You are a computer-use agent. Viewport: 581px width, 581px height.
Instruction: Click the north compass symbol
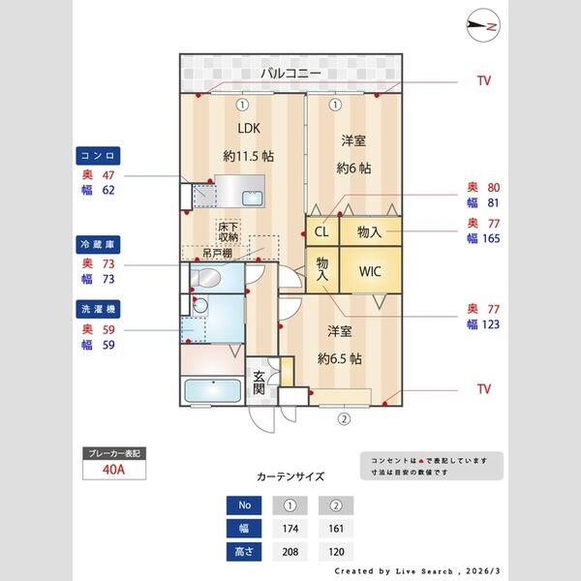[x=483, y=25]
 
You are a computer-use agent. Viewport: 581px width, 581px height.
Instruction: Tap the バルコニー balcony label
[x=290, y=74]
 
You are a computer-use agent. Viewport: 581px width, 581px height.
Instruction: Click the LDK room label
[x=249, y=128]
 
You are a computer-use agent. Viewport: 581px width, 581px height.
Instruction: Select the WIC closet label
[x=370, y=271]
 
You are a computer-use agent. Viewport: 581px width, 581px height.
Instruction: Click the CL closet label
[x=321, y=232]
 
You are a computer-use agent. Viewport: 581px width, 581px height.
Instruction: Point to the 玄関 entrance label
[x=259, y=382]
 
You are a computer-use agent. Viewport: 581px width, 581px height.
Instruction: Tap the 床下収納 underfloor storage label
[x=228, y=231]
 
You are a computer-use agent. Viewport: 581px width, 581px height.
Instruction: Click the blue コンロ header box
[x=98, y=156]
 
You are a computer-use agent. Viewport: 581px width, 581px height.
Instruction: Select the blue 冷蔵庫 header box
[x=98, y=245]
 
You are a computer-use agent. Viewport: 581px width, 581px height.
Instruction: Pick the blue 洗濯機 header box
[x=98, y=309]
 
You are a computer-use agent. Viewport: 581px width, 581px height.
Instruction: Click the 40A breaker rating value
[x=113, y=470]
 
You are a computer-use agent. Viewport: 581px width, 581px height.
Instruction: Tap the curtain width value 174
[x=290, y=529]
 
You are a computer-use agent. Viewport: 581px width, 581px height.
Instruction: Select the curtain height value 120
[x=336, y=552]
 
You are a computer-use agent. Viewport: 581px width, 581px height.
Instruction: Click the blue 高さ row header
[x=244, y=552]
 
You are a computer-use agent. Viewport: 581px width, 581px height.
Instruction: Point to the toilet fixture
[x=204, y=277]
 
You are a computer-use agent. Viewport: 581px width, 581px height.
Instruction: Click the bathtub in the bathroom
[x=213, y=391]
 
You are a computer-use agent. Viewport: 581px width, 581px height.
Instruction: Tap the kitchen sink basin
[x=253, y=199]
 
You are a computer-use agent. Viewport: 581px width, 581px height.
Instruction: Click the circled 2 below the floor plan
[x=344, y=419]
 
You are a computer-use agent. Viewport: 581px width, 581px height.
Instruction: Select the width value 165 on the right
[x=491, y=238]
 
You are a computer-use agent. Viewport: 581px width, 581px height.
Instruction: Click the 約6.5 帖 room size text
[x=340, y=358]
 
